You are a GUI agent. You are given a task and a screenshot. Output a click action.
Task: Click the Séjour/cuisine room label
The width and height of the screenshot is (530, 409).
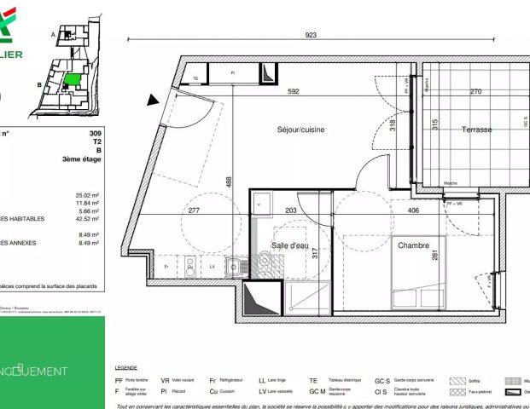coord(300,130)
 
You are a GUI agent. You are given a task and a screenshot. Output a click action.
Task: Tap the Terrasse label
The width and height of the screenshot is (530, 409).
coord(477,130)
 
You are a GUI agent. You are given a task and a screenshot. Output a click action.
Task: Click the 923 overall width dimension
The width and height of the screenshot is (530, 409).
coord(311,35)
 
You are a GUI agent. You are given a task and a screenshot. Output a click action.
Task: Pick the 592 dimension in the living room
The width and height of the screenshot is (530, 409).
coord(293,92)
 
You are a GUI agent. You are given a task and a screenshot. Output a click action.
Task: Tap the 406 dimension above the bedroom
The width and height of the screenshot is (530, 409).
coord(413,210)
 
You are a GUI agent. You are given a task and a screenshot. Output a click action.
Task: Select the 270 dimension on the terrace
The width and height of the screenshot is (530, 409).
coord(476,92)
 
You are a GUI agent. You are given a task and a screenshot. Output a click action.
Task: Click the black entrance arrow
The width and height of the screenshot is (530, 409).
coord(154,100)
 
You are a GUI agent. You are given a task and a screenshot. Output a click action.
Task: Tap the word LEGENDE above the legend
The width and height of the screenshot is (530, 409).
coord(125,367)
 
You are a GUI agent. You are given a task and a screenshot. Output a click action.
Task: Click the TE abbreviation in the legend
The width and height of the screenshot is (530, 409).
coord(312,381)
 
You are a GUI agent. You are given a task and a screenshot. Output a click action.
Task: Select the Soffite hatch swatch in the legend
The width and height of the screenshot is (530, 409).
coord(457,381)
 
